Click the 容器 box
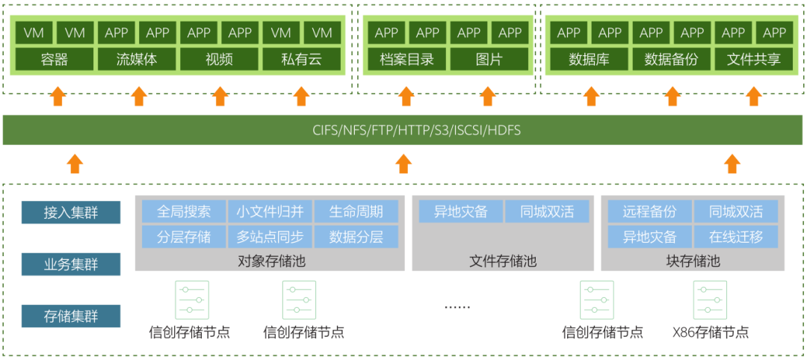click(55, 59)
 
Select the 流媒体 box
click(137, 59)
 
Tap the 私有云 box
click(301, 59)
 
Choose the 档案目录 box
click(406, 59)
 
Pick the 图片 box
click(489, 59)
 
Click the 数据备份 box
click(671, 59)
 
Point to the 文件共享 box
click(753, 59)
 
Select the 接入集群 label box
click(71, 213)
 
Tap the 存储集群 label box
click(71, 316)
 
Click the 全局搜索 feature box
click(184, 211)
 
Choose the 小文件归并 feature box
click(270, 211)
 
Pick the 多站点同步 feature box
click(270, 237)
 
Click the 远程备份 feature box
click(649, 211)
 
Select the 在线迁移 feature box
click(736, 237)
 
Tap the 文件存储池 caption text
click(503, 261)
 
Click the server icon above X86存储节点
click(710, 300)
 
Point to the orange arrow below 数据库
click(591, 96)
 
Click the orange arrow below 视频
click(220, 96)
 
